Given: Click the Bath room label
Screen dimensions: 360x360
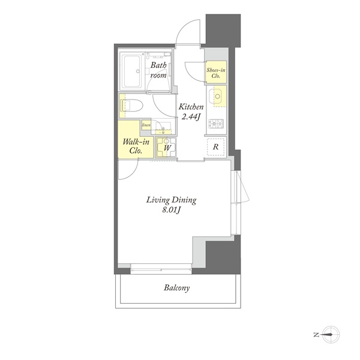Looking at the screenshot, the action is click(x=158, y=70).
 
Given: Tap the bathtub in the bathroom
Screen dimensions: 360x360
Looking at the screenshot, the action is click(x=131, y=71).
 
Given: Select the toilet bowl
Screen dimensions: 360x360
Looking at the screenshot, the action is click(x=131, y=106).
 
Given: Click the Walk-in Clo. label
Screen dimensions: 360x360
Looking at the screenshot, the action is click(x=136, y=146).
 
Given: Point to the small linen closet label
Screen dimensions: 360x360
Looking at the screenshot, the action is click(x=146, y=125).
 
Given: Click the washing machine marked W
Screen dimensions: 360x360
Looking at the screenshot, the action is click(x=166, y=147).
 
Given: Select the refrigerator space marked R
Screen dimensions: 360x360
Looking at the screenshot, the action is click(x=215, y=147).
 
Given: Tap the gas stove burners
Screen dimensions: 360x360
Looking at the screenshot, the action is click(x=216, y=124).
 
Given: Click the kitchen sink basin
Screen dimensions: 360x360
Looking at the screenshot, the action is click(x=217, y=97).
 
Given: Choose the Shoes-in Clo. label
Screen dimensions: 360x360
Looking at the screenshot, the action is click(x=216, y=73).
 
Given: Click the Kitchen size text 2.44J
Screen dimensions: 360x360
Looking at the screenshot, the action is click(x=191, y=117).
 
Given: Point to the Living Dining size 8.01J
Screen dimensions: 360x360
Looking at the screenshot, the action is click(x=171, y=210).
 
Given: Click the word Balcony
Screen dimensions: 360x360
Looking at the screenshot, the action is click(x=177, y=288).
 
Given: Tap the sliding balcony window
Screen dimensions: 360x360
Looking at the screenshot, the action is click(x=161, y=269).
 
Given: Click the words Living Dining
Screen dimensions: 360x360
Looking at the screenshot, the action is click(x=171, y=200).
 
